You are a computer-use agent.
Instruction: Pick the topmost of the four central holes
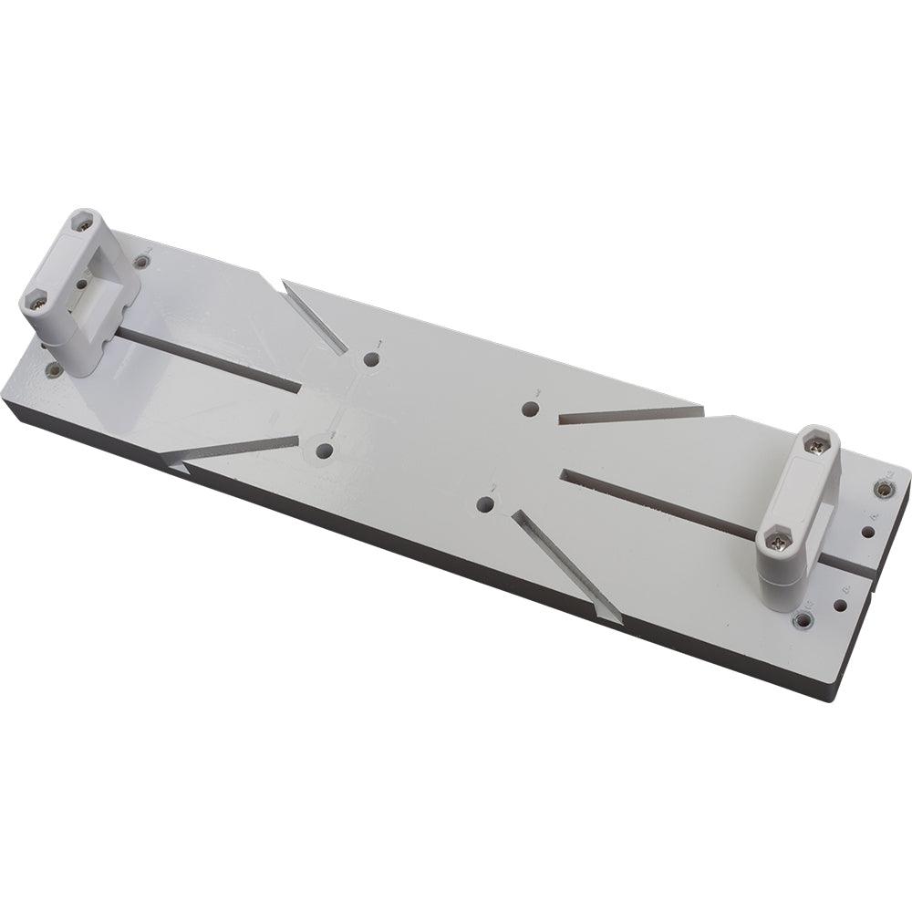370,359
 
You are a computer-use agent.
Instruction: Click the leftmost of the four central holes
324,450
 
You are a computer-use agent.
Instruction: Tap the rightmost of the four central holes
531,409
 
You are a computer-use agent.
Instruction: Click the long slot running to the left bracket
210,360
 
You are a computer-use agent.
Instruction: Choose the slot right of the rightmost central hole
629,415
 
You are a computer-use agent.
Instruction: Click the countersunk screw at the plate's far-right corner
883,489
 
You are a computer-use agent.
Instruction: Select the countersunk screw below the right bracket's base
802,620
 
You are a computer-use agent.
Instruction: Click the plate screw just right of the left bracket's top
141,263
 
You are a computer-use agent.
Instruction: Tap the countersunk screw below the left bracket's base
55,370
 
